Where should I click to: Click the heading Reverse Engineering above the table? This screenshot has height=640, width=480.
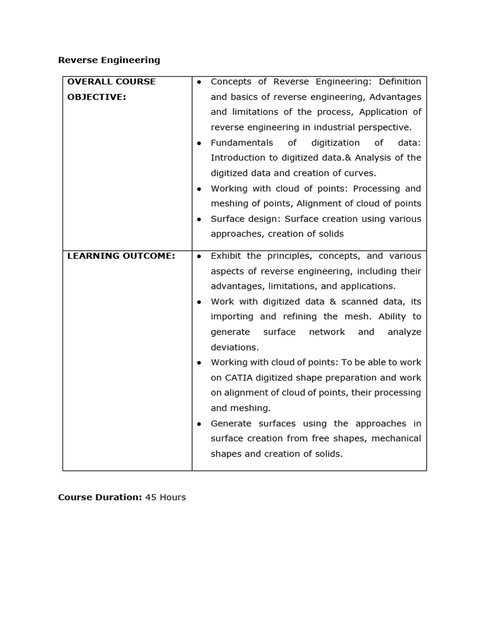point(109,60)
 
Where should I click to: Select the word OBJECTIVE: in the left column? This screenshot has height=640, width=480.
point(96,97)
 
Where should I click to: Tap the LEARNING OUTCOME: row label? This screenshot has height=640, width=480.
point(121,256)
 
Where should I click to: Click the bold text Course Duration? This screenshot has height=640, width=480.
point(100,497)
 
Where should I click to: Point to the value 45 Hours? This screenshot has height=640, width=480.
point(166,497)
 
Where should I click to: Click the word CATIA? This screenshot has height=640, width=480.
point(239,377)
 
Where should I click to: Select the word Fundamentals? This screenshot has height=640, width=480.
point(242,142)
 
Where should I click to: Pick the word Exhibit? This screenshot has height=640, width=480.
point(226,256)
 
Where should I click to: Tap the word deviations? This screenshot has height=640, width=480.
point(234,347)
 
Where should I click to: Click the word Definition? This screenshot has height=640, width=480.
point(400,81)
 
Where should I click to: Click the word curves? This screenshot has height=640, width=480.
point(361,173)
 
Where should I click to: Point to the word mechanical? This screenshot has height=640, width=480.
point(396,438)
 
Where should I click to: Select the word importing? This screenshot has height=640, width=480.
point(232,316)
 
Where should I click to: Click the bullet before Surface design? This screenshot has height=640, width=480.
point(199,219)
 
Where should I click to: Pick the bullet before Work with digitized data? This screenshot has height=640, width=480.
point(199,302)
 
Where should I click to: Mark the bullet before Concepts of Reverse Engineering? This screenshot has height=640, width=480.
point(199,82)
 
